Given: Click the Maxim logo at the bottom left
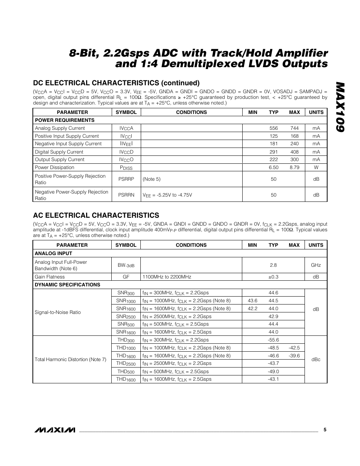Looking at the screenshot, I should [54, 430].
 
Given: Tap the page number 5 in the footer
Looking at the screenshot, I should [325, 430].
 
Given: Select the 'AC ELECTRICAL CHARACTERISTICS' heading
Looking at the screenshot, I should [96, 215].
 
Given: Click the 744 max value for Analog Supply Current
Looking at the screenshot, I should [294, 128].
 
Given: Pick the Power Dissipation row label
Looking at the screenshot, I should [54, 168].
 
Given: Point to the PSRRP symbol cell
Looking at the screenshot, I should [126, 179].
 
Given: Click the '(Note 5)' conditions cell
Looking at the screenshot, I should [151, 179].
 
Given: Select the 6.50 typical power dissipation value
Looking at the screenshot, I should [274, 168].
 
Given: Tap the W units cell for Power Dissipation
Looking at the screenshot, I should [316, 168].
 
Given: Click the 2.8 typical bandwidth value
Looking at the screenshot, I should [273, 265].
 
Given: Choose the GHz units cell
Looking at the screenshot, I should [316, 265].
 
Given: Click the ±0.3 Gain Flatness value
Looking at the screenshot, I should [273, 277].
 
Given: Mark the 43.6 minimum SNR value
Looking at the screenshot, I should [252, 301].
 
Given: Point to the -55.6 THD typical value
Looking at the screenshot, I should [273, 340].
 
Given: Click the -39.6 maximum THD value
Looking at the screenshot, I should [294, 356].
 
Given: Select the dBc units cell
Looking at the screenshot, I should [316, 360].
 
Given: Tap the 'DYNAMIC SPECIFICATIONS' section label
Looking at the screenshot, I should [67, 285].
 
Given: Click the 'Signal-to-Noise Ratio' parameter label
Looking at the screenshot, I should [57, 312].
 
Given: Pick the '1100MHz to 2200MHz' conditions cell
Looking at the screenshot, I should [166, 277].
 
